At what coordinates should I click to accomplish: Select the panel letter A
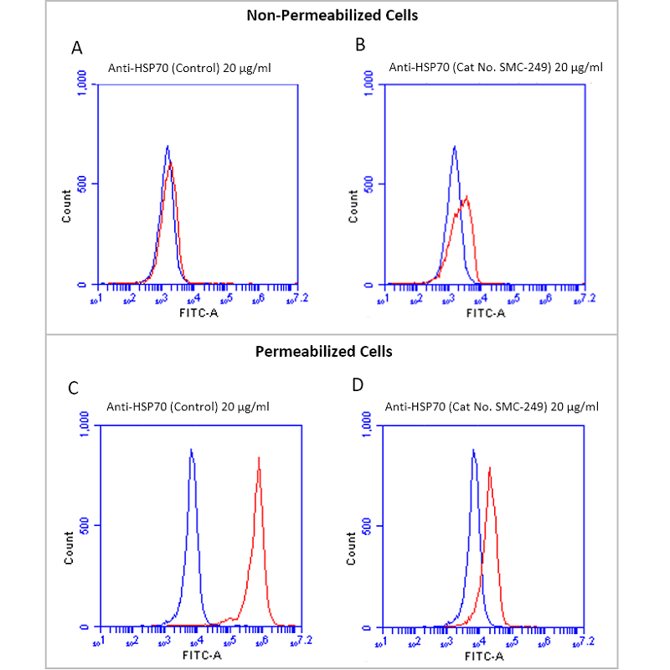77,48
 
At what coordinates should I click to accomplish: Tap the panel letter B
360,45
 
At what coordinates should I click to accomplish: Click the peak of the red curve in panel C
259,458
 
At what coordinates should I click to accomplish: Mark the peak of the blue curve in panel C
191,450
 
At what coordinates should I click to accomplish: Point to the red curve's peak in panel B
466,198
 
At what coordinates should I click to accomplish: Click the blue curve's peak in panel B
454,147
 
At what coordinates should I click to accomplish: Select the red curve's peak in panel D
489,468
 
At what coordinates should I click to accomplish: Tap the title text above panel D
492,408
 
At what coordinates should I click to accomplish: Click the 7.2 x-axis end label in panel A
293,298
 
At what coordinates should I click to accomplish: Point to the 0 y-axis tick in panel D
366,626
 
